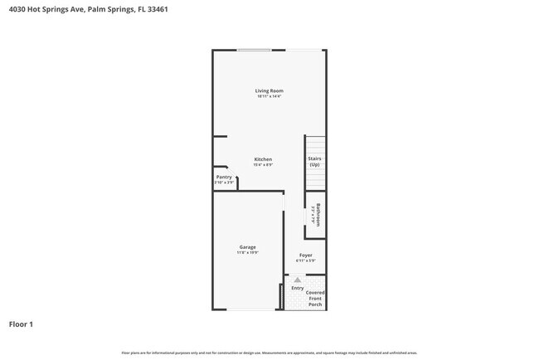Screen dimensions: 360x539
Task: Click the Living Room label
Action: point(269,90)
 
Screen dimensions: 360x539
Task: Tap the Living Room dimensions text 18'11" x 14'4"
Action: point(269,97)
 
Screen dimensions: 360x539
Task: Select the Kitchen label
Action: point(263,159)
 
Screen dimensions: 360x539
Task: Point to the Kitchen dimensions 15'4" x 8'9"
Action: point(263,165)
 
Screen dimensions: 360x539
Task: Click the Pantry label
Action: point(224,177)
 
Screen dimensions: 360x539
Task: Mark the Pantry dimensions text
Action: point(224,182)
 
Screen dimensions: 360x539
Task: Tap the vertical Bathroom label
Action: point(318,215)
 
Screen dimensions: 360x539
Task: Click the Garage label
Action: point(247,247)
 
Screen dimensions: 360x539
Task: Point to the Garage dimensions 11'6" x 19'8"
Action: point(247,253)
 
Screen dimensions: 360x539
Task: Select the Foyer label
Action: point(306,255)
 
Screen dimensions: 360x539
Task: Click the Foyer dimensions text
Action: point(306,261)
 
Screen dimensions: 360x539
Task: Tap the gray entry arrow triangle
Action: point(297,280)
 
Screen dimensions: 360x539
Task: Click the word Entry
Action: point(297,288)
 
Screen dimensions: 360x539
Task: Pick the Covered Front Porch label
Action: point(315,299)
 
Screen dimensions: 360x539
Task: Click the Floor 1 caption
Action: point(21,324)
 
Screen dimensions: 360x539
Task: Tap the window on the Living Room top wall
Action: point(254,51)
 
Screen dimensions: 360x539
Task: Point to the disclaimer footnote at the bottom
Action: point(269,353)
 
